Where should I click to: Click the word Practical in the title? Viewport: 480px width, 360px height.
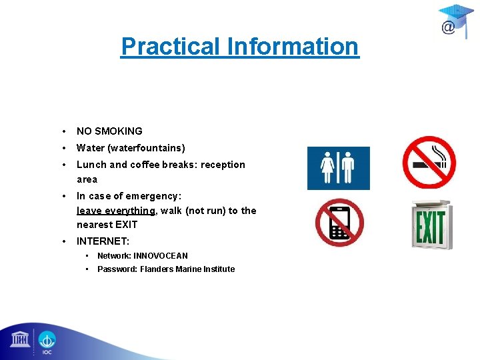click(171, 47)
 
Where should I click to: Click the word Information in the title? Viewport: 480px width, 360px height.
click(293, 47)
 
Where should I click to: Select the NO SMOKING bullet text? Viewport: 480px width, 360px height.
click(109, 131)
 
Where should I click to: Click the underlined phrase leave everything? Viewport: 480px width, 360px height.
click(116, 211)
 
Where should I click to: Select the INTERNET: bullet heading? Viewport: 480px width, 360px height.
click(103, 241)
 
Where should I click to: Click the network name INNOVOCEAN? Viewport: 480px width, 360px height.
click(161, 256)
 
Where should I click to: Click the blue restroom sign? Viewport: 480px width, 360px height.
click(338, 168)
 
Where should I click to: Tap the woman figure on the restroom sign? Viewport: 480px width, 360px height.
click(328, 169)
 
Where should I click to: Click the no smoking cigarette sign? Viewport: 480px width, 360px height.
click(429, 162)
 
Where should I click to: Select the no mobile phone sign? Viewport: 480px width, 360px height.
click(339, 223)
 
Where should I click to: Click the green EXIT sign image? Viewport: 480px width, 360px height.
click(431, 224)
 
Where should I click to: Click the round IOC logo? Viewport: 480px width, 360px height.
click(47, 341)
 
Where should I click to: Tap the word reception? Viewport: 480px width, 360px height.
click(223, 165)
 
